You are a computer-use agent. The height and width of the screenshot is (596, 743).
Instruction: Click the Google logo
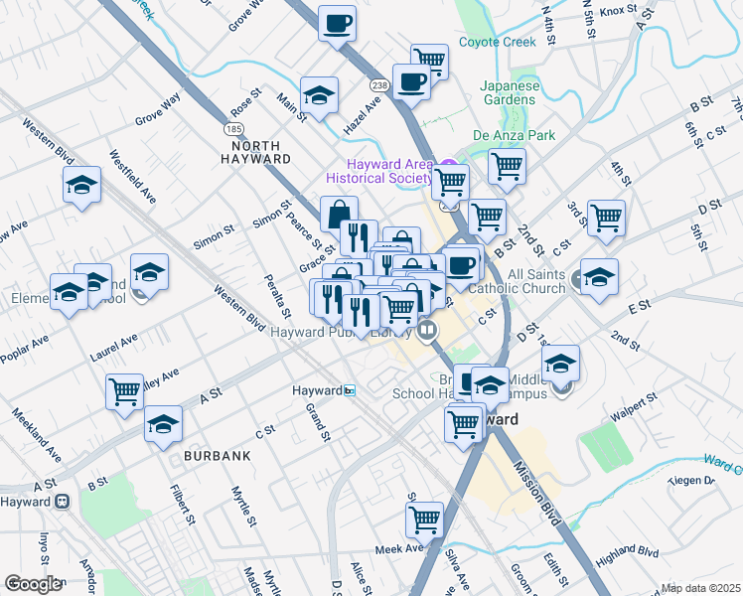33,584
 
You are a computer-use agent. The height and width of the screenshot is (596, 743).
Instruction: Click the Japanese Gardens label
511,92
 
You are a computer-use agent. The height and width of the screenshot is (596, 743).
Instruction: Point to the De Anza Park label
514,135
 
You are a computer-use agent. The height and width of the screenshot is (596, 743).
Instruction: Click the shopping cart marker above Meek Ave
424,519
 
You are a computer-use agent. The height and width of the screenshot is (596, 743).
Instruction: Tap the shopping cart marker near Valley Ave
125,390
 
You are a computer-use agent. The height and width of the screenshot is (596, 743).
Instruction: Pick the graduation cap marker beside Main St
319,95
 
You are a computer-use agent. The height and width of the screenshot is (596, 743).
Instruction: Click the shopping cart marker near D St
605,217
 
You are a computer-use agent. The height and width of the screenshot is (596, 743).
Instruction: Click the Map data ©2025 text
699,588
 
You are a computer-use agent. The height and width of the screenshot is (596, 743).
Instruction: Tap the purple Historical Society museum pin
448,166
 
